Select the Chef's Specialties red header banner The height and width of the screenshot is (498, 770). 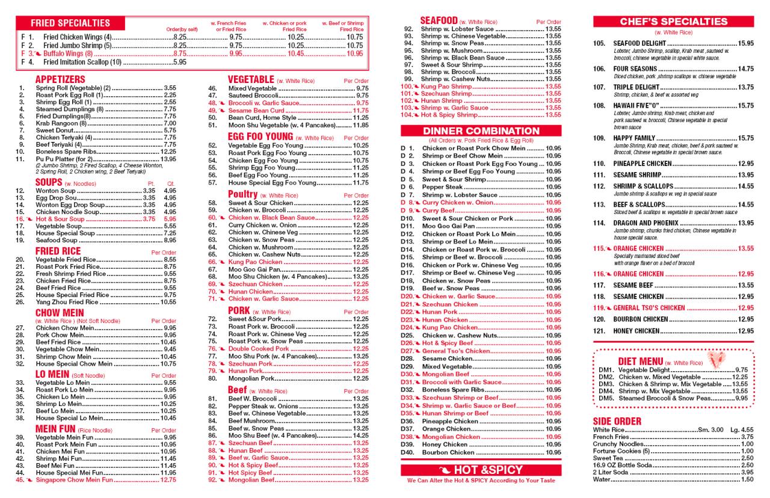click(x=673, y=22)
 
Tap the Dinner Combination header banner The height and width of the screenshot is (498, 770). click(x=481, y=131)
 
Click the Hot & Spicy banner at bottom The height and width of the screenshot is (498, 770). click(x=481, y=470)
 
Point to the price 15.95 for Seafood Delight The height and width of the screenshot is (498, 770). click(x=746, y=43)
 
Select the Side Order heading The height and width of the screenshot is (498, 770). click(x=617, y=421)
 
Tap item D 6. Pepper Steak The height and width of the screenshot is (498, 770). click(x=442, y=187)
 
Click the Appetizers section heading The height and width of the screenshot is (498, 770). click(x=60, y=79)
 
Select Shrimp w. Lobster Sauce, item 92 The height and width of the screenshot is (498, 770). click(x=458, y=29)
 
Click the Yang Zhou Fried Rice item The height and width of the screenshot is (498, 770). click(x=67, y=302)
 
